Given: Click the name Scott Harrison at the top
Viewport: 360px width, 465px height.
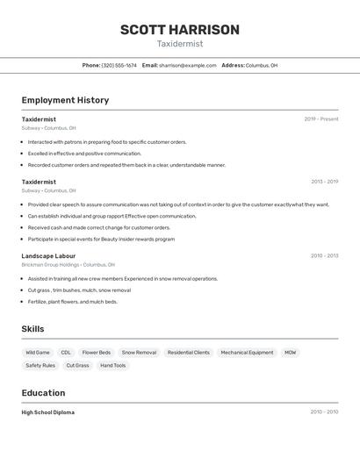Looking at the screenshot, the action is (179, 30).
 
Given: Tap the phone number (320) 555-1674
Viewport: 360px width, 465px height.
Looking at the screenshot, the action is (119, 65).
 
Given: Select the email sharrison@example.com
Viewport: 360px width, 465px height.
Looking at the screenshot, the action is (187, 65).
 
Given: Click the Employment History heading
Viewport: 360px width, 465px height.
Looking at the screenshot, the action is (65, 100).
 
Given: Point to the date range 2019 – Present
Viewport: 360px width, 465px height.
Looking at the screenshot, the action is (320, 119).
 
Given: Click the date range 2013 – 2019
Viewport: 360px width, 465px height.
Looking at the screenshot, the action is (324, 182).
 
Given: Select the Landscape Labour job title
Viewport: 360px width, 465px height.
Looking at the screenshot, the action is (48, 256).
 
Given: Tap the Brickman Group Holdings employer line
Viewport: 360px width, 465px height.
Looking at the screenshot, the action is (68, 264).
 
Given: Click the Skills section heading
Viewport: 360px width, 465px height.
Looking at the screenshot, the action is (32, 329).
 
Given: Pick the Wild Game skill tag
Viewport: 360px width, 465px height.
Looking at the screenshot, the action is (38, 353).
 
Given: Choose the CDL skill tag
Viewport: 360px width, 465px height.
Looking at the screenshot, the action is (66, 353).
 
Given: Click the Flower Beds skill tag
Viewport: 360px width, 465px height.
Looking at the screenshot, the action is (97, 353).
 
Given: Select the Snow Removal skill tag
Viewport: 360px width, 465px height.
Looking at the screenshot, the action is (139, 353).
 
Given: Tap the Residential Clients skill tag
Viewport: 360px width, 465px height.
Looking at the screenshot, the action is (189, 353).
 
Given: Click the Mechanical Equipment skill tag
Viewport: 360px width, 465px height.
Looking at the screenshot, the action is (247, 353).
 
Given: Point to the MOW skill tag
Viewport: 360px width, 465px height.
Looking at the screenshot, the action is (290, 353).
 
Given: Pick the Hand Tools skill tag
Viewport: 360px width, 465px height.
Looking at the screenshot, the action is (112, 365).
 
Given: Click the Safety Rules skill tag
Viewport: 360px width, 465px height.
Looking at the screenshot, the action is (40, 365).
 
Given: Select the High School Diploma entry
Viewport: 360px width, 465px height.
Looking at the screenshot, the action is (48, 412).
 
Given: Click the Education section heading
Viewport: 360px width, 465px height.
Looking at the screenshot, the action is (43, 392).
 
